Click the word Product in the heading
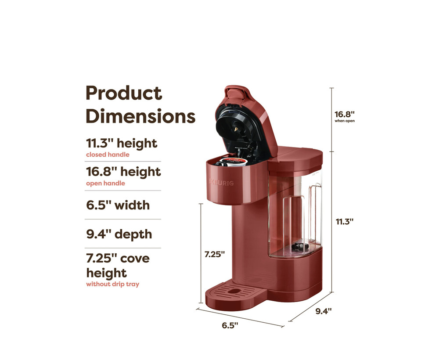[x=124, y=93]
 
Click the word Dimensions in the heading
[x=140, y=116]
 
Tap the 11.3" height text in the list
[x=122, y=143]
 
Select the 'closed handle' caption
[x=108, y=155]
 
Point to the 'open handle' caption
[x=105, y=184]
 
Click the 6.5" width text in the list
[x=118, y=205]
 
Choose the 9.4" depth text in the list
[x=119, y=234]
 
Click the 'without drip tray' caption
[x=112, y=284]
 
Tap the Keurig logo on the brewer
[x=221, y=183]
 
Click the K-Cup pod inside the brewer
[x=232, y=162]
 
